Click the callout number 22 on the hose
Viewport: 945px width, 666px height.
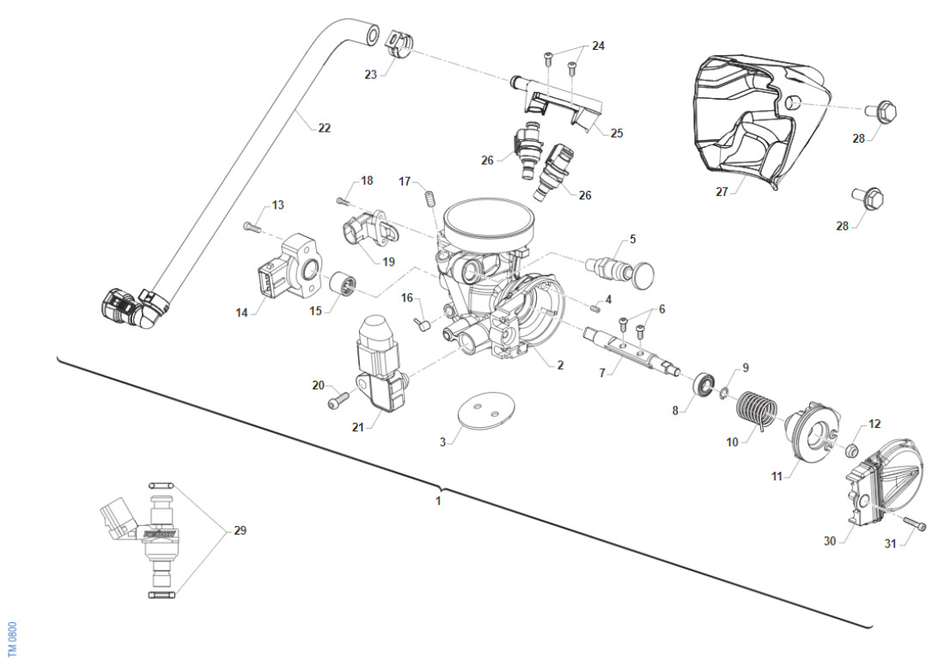click(x=324, y=128)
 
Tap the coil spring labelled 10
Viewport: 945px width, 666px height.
click(x=757, y=406)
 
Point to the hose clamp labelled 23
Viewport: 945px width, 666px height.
click(x=397, y=43)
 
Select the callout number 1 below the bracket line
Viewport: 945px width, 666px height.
click(x=438, y=500)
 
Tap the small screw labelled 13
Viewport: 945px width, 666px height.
click(x=250, y=227)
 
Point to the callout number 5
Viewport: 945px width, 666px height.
click(x=632, y=238)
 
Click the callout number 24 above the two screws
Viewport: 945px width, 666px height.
click(x=598, y=46)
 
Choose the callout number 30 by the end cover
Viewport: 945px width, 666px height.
click(x=829, y=541)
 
